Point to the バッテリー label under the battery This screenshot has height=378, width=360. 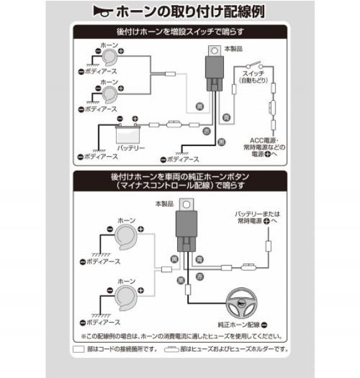[131, 148]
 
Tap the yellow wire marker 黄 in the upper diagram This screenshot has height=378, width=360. [200, 105]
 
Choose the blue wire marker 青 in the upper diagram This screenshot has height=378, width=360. [226, 118]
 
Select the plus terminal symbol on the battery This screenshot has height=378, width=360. [135, 118]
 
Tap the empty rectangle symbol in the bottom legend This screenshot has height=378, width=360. [78, 348]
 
